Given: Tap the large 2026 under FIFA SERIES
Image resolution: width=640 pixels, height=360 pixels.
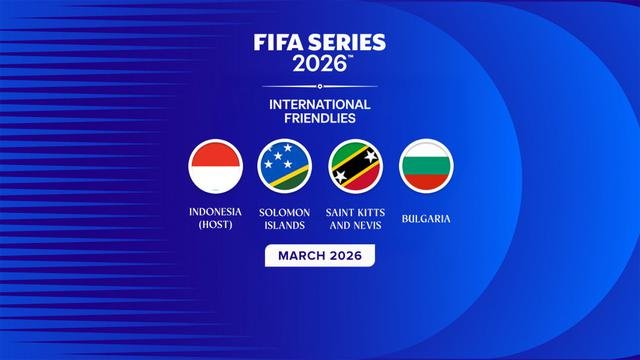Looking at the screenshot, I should [x=318, y=64].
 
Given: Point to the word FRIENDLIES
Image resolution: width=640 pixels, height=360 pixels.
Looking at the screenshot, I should [x=320, y=119].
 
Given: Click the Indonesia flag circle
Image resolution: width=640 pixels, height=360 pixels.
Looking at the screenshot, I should [x=216, y=166].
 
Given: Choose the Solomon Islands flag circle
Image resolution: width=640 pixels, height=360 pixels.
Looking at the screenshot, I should [x=286, y=166].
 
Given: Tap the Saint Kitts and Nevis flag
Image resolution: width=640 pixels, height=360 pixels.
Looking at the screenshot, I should [x=355, y=166].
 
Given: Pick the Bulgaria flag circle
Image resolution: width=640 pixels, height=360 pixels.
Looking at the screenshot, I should [x=426, y=166].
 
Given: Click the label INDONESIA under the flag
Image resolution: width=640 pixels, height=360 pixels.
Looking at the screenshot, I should [x=216, y=212].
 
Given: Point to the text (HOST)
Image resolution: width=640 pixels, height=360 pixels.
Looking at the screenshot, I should [x=216, y=225].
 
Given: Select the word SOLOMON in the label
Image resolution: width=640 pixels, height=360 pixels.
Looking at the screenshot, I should [x=286, y=212].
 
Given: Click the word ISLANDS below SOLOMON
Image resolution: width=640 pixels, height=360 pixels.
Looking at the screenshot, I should [x=286, y=225].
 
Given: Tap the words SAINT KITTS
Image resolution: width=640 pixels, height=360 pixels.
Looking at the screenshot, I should [x=356, y=212].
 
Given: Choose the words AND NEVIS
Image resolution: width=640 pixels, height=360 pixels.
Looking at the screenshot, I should [x=356, y=225].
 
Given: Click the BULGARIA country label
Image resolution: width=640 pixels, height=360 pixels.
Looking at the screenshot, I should [x=426, y=217].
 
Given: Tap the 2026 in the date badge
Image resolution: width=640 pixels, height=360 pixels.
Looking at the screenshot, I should [x=346, y=255].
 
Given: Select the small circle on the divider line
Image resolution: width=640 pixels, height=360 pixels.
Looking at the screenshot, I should [x=320, y=86].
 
